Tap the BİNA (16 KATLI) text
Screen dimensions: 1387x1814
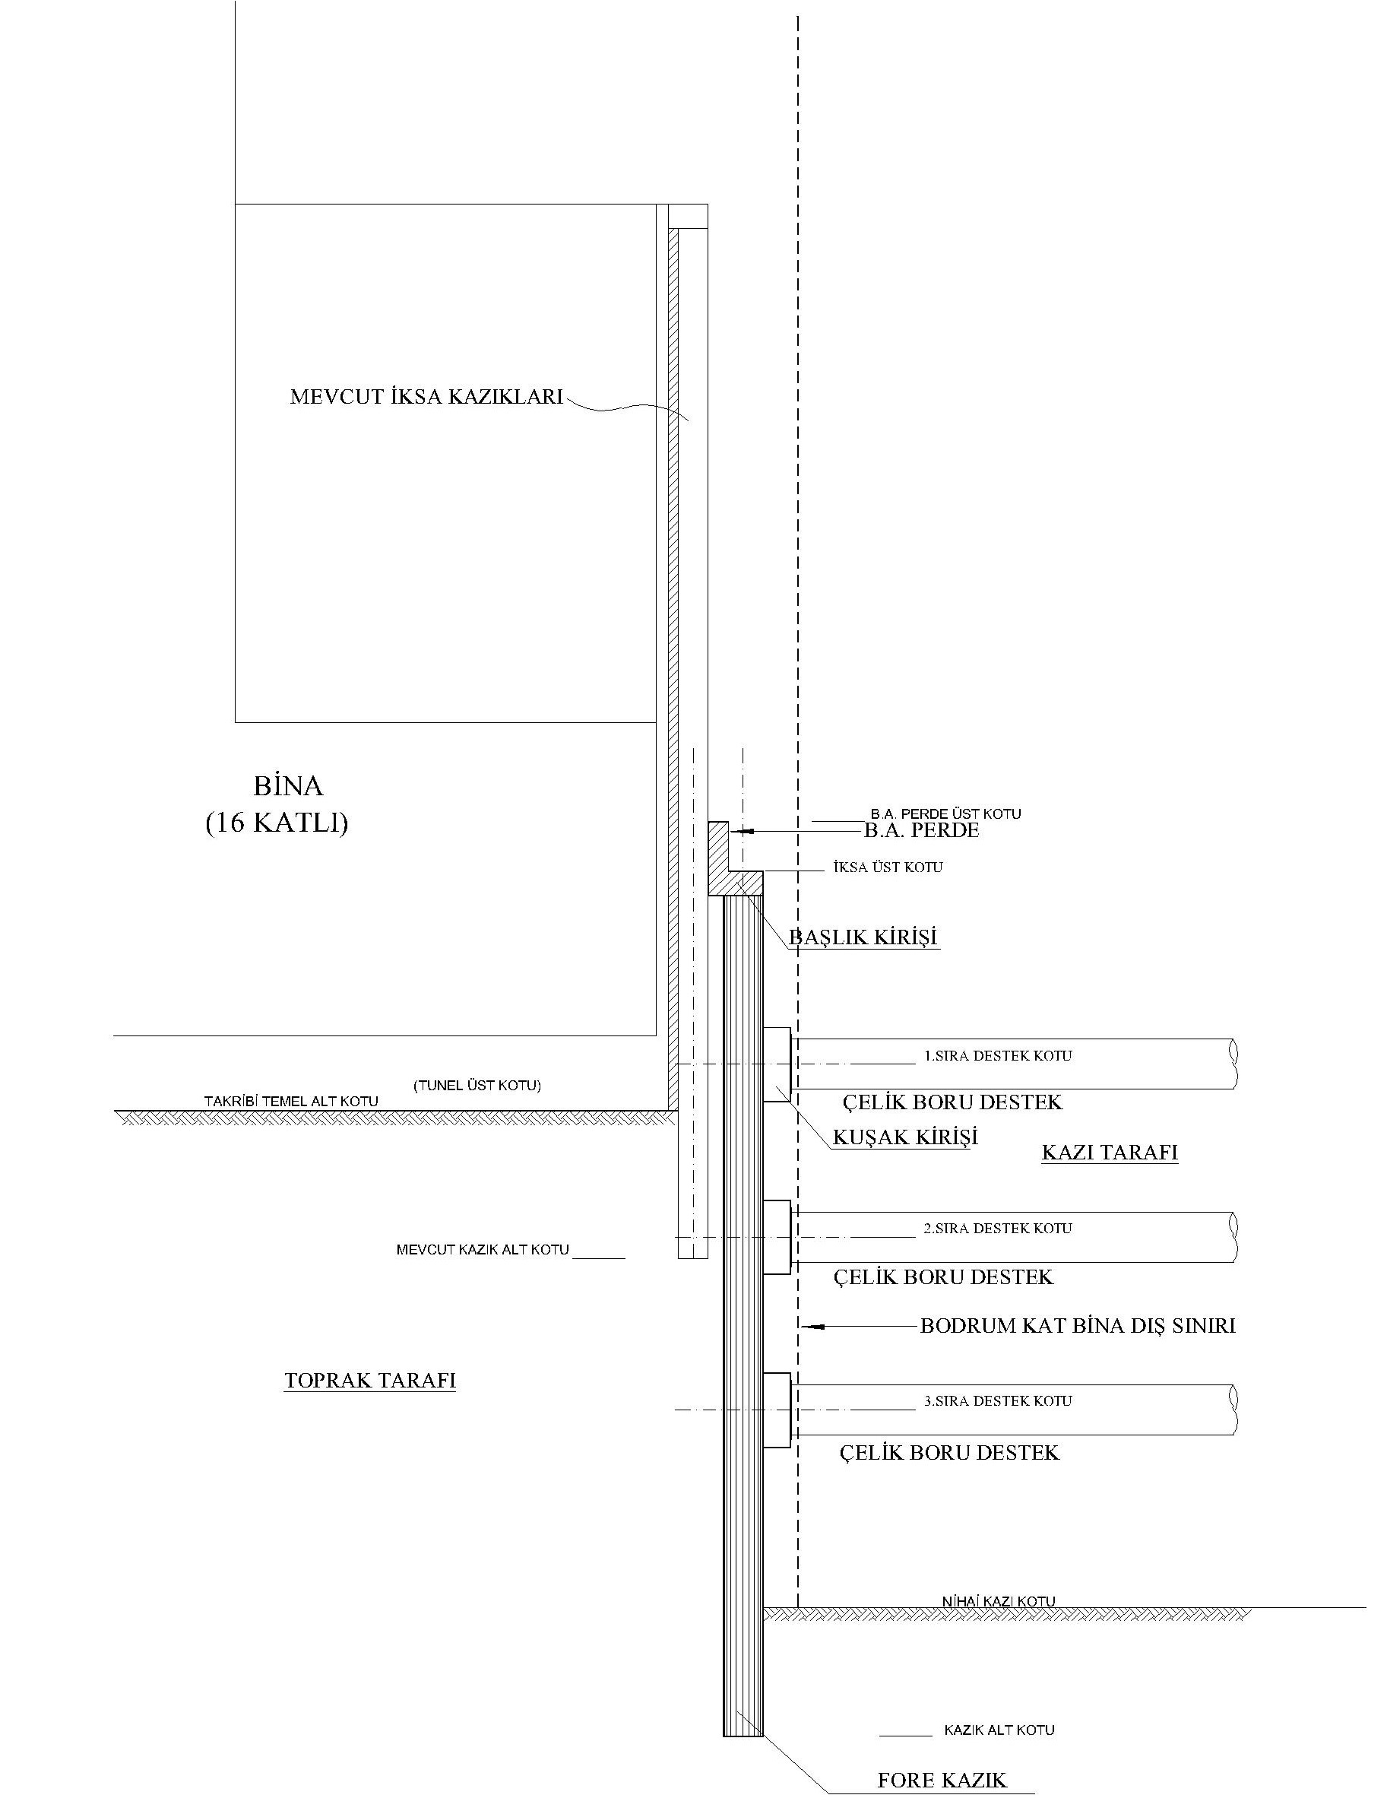tap(277, 804)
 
